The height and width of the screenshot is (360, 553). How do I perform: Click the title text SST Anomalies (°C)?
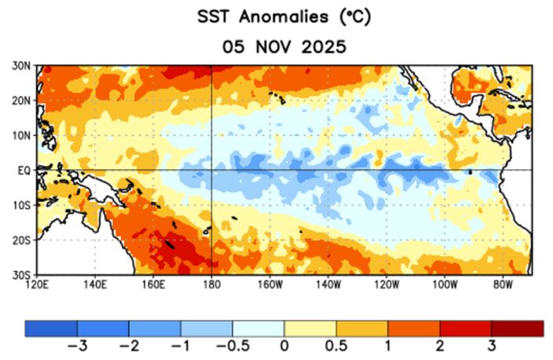284,17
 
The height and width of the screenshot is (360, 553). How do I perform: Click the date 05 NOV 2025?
284,46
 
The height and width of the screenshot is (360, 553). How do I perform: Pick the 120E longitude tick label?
40,284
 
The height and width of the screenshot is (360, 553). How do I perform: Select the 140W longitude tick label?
328,284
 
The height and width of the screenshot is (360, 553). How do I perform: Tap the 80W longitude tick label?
503,284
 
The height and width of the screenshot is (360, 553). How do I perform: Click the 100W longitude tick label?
445,284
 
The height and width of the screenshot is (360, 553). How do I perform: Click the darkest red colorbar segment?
518,328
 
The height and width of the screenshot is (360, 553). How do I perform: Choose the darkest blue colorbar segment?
51,328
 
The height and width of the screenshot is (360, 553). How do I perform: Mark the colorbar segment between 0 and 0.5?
310,328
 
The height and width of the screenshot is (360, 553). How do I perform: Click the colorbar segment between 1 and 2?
414,328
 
